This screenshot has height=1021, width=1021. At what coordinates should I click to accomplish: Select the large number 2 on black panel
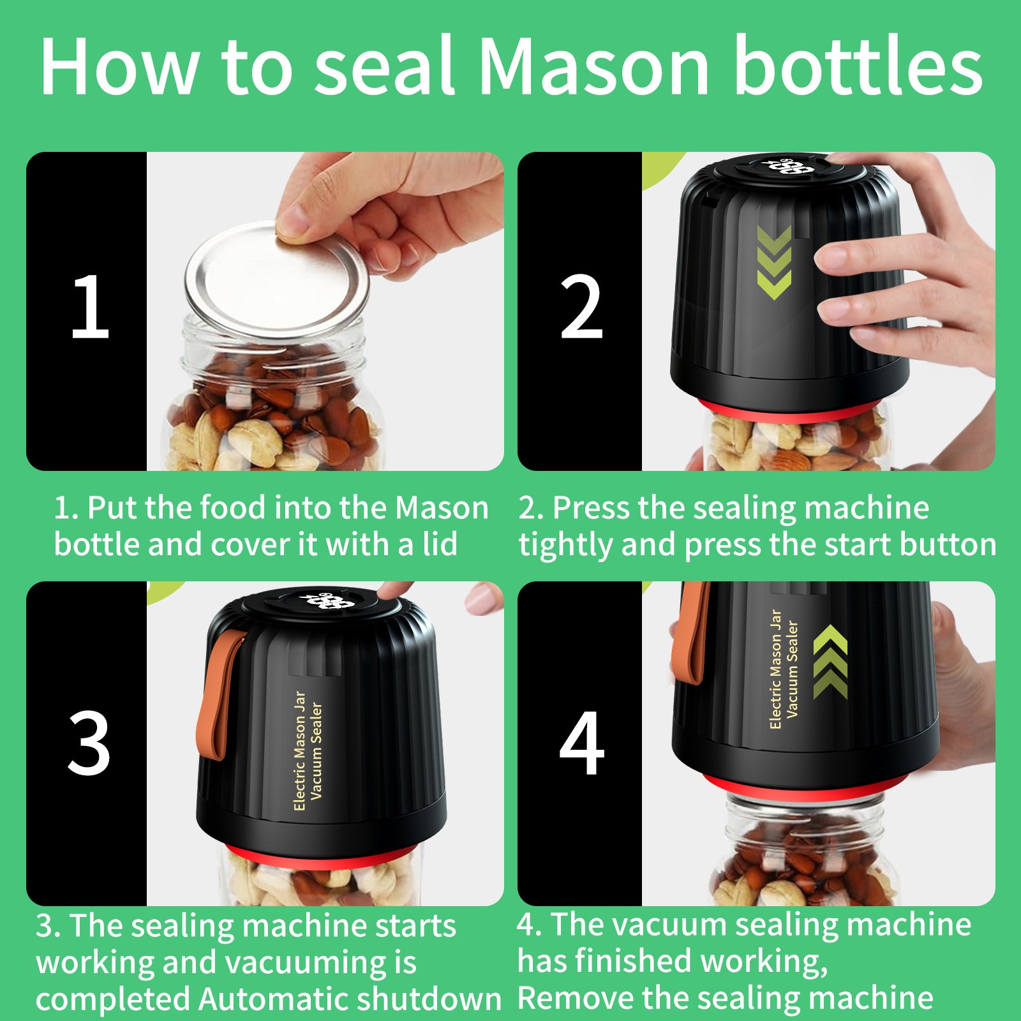point(581,308)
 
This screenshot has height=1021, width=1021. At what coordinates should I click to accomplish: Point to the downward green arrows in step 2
point(773,262)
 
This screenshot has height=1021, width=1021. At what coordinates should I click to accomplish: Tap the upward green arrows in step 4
point(830,662)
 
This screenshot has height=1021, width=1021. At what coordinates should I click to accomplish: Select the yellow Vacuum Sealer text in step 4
point(792,669)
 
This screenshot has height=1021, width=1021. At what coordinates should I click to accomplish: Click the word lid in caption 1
point(440,544)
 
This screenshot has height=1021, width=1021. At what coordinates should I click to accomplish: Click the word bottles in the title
point(858,67)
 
